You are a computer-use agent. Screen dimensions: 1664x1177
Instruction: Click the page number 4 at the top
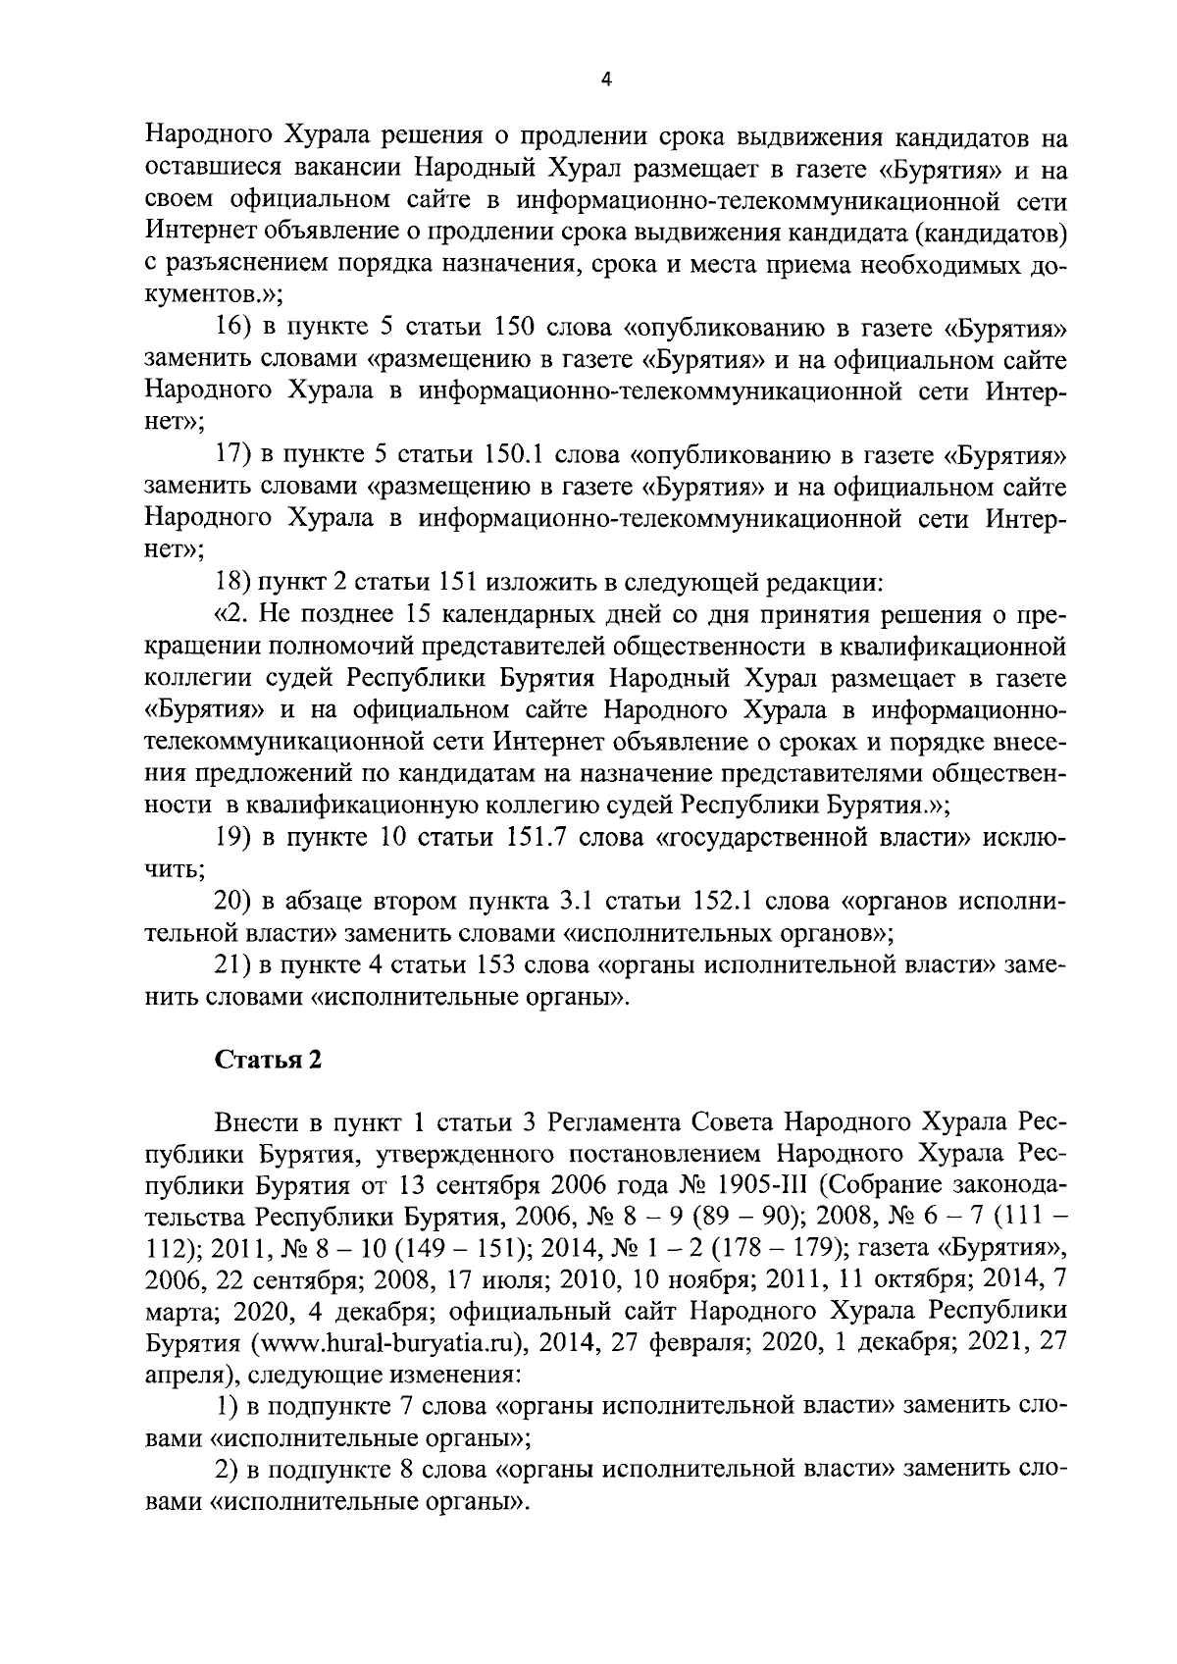(x=605, y=82)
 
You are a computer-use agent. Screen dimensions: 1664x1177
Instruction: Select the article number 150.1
(x=520, y=455)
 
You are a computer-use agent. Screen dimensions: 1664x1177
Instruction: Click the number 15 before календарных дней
(x=416, y=615)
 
